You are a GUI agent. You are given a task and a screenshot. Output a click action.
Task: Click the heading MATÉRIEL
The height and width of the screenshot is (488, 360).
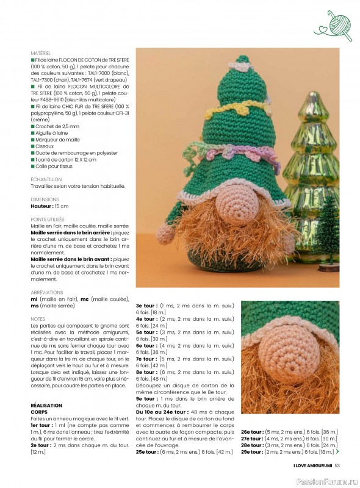pos(41,54)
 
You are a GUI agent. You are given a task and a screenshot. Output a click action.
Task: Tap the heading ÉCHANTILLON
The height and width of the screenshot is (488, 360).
pos(46,179)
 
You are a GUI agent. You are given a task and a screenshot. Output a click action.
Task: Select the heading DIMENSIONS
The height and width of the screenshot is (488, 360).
pos(45,199)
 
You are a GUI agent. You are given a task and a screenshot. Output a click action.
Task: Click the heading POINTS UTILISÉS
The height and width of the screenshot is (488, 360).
pos(48,219)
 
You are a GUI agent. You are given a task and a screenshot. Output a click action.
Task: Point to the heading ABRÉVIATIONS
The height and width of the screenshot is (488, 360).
pos(46,293)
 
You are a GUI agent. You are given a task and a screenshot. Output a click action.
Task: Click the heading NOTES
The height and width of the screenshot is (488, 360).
pos(38,319)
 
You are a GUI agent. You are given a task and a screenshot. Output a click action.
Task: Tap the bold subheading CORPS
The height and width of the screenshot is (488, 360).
pos(40,412)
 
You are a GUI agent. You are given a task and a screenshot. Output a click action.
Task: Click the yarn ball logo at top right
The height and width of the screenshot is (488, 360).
pos(333,26)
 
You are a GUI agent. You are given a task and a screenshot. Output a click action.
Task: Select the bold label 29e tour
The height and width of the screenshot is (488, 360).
pos(251,451)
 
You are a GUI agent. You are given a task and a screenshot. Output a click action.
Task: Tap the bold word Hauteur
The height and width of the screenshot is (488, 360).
pos(43,206)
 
